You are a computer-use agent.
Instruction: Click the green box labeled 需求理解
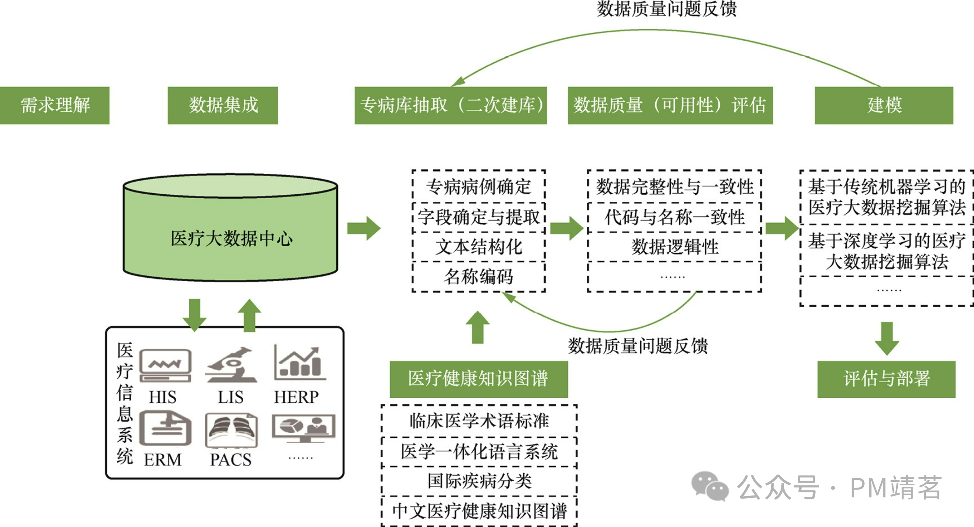pos(54,105)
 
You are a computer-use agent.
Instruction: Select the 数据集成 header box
pos(223,105)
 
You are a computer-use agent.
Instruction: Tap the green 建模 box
pos(884,105)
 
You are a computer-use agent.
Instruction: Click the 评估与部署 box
pos(886,379)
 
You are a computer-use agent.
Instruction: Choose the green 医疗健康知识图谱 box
pos(478,379)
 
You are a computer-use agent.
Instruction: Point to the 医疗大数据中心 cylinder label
pos(231,238)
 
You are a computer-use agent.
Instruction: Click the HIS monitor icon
pos(165,365)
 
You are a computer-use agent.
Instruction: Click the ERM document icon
pos(165,428)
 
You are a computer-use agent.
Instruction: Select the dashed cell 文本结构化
pos(478,247)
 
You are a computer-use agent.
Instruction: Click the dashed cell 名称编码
pos(478,277)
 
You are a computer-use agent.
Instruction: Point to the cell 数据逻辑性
pos(674,247)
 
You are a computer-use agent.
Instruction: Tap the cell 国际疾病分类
pos(479,481)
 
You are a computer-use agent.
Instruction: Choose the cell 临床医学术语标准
pos(479,421)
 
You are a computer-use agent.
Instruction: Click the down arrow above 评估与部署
pos(887,338)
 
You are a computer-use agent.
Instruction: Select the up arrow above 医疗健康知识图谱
pos(477,327)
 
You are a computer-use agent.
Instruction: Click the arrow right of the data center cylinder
pos(363,228)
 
